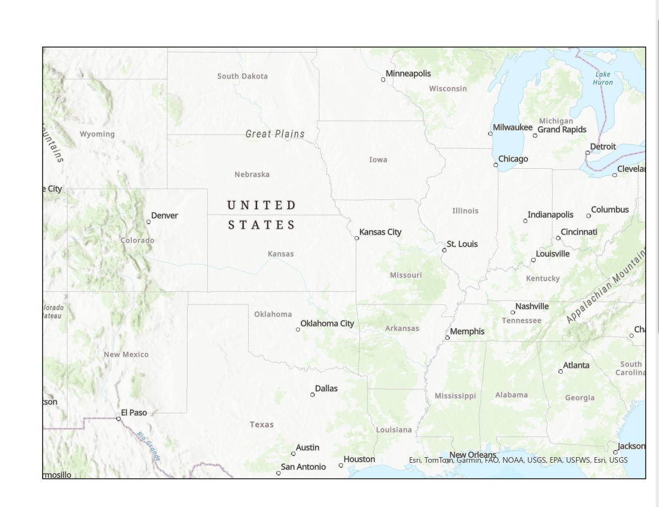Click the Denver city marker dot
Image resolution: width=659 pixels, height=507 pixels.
pos(148,222)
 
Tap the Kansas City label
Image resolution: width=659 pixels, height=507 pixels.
pos(380,232)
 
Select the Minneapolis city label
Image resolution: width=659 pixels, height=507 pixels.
pos(408,74)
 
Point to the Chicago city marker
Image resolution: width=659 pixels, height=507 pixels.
pos(496,165)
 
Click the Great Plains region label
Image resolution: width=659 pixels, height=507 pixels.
pos(275,134)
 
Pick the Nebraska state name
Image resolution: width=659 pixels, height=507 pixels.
pos(252,174)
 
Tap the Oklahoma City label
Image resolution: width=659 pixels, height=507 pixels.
pos(327,323)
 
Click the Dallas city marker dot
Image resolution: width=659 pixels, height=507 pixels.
pos(313,395)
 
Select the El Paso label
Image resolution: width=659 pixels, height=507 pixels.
pos(134,412)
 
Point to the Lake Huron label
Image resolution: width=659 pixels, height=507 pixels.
pos(603,78)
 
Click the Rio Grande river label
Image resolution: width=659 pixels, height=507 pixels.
pos(148,447)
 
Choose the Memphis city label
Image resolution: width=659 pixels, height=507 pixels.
pos(467,332)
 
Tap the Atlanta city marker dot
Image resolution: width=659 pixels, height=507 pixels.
pos(561,371)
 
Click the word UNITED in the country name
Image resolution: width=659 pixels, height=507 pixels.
pos(262,205)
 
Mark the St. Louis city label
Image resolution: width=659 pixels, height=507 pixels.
pos(462,244)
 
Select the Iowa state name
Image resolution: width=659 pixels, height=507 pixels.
pos(378,160)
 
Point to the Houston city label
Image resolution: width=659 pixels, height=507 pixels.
pos(359,459)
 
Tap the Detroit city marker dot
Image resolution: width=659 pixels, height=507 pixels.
pos(588,153)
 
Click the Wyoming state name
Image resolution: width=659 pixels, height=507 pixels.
pos(97,134)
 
